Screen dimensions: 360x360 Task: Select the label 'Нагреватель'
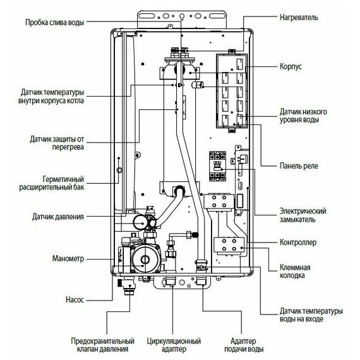point(301,18)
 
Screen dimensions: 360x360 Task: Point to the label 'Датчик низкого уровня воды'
point(306,115)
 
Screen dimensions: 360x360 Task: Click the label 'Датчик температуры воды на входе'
point(311,316)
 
